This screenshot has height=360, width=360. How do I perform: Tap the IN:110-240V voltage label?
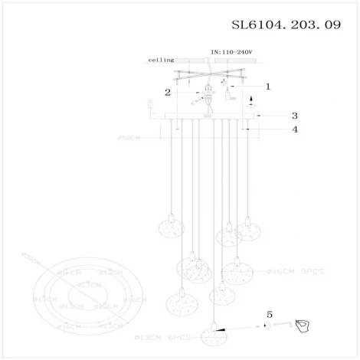(231, 52)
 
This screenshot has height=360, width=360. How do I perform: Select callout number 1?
(268, 87)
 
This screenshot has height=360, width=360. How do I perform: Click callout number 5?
(269, 314)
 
